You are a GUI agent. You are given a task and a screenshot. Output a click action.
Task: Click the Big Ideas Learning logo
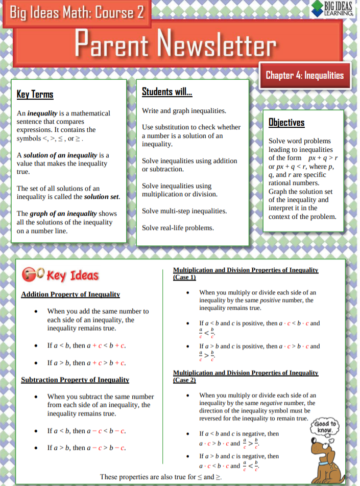point(335,8)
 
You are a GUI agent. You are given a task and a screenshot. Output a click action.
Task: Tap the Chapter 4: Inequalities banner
point(304,76)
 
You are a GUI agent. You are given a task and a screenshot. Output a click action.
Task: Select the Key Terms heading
point(35,95)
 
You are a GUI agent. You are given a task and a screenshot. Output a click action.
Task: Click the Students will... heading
point(166,92)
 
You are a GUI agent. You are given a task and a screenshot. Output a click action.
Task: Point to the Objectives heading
point(286,123)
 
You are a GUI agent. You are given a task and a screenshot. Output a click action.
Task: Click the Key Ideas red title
point(72,275)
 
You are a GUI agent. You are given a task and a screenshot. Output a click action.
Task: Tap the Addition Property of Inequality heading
point(70,294)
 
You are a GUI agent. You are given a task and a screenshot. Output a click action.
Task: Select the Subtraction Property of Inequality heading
point(75,380)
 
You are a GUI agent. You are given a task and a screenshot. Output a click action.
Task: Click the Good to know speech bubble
point(326,426)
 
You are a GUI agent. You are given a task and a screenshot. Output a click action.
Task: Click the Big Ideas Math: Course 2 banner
point(74,12)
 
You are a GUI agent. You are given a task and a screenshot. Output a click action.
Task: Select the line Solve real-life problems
point(178,228)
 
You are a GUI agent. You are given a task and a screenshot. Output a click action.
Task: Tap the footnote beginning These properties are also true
point(161,477)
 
